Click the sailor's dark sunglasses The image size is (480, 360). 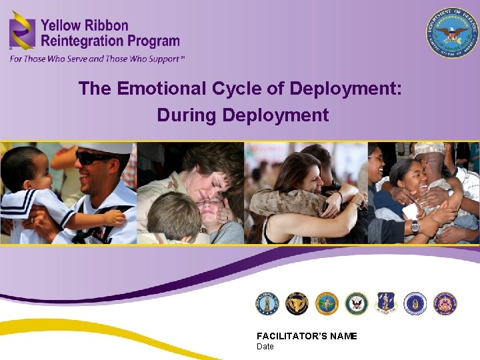93,159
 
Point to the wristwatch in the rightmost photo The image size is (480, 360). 415,226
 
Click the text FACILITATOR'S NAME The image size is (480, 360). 307,336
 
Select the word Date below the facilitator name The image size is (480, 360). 265,347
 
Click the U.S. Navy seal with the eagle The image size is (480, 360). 357,303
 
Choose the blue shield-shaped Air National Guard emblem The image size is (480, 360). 386,303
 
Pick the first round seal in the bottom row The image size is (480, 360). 267,303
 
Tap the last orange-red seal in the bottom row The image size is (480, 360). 445,303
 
